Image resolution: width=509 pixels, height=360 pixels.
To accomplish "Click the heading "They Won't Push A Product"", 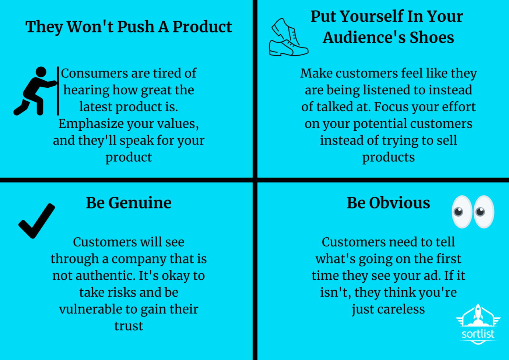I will (x=129, y=27).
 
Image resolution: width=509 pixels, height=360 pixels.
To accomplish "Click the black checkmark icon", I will (x=37, y=220).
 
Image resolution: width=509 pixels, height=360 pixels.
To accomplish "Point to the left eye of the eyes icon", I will (x=461, y=212).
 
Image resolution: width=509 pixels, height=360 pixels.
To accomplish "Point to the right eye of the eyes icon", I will (x=483, y=212).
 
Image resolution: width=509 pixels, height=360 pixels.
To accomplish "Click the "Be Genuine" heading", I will (x=129, y=203).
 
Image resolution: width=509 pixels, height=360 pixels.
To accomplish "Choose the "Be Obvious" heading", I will (x=388, y=203).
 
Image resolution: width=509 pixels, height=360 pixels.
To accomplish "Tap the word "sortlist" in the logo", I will (x=478, y=334).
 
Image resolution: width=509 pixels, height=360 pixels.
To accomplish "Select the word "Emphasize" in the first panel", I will (x=86, y=124).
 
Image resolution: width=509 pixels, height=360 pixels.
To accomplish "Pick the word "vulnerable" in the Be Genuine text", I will (x=90, y=309).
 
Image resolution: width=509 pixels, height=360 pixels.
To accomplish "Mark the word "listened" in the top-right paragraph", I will (x=388, y=90).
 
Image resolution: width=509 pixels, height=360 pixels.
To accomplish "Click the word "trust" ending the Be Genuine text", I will (x=129, y=326).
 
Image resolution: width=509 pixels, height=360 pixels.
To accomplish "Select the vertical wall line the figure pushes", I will (x=58, y=91).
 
